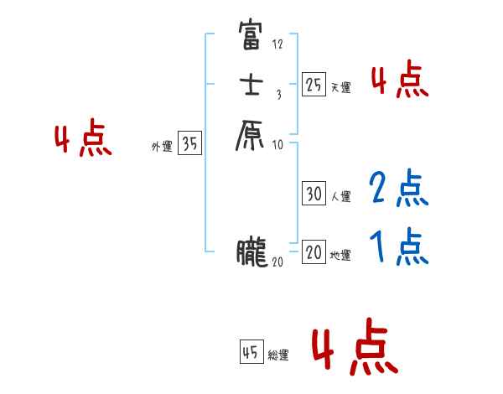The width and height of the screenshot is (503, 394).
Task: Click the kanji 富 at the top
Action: [x=252, y=36]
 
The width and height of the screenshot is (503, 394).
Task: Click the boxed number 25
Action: [x=314, y=84]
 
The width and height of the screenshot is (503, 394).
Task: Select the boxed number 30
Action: [x=314, y=194]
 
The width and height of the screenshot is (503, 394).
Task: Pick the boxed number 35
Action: [x=189, y=144]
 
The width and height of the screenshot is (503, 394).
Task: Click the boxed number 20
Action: [x=314, y=252]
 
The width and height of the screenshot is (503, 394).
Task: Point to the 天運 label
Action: [x=340, y=87]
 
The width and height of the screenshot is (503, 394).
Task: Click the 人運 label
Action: [x=340, y=197]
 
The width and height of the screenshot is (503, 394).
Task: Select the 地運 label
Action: [x=340, y=256]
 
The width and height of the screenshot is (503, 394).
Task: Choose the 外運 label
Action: [x=162, y=147]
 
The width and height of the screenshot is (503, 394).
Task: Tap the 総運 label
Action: [x=278, y=356]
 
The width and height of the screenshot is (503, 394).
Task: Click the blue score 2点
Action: [x=398, y=189]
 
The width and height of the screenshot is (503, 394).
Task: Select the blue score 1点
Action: [x=398, y=246]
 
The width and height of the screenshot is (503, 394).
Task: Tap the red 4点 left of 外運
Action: [x=83, y=140]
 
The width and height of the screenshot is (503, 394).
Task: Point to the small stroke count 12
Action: [x=277, y=44]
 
